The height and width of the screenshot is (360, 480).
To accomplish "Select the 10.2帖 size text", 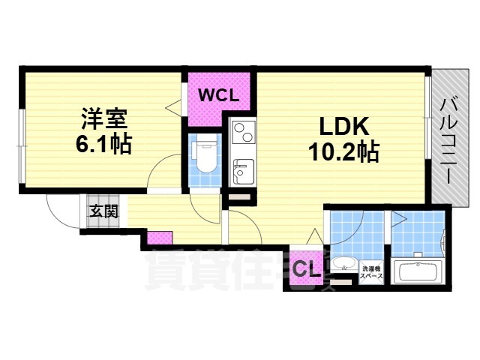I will pyautogui.click(x=342, y=152).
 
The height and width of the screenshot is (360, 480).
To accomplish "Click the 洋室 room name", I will pyautogui.click(x=104, y=119).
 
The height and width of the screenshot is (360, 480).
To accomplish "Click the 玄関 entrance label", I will pyautogui.click(x=104, y=211).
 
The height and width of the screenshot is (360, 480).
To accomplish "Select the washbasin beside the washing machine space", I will pyautogui.click(x=345, y=265).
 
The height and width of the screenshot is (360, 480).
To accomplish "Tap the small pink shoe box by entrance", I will pyautogui.click(x=159, y=238).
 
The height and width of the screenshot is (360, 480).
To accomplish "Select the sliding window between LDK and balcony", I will pyautogui.click(x=427, y=124).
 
